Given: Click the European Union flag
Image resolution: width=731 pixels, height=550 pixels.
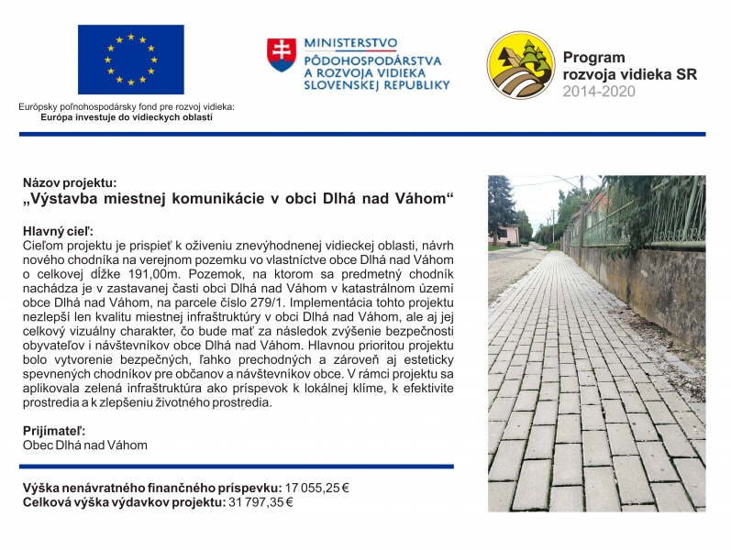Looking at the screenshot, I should click(x=130, y=61).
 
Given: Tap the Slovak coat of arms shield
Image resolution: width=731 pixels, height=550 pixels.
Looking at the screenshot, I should click(x=281, y=56).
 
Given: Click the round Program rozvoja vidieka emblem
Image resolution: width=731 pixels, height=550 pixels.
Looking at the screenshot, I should click(x=519, y=66).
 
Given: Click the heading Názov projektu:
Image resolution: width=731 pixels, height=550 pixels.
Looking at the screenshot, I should click(x=70, y=183).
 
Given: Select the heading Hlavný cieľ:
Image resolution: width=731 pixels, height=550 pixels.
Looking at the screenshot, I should click(x=58, y=232).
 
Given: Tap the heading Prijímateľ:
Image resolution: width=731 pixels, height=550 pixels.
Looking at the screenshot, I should click(x=54, y=430).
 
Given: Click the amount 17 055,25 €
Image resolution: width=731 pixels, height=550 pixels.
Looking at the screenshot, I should click(x=318, y=488).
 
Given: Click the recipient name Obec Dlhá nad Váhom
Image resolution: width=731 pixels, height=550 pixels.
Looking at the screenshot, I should click(x=84, y=445).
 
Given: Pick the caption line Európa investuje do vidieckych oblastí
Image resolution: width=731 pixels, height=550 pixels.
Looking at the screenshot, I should click(x=126, y=117).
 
